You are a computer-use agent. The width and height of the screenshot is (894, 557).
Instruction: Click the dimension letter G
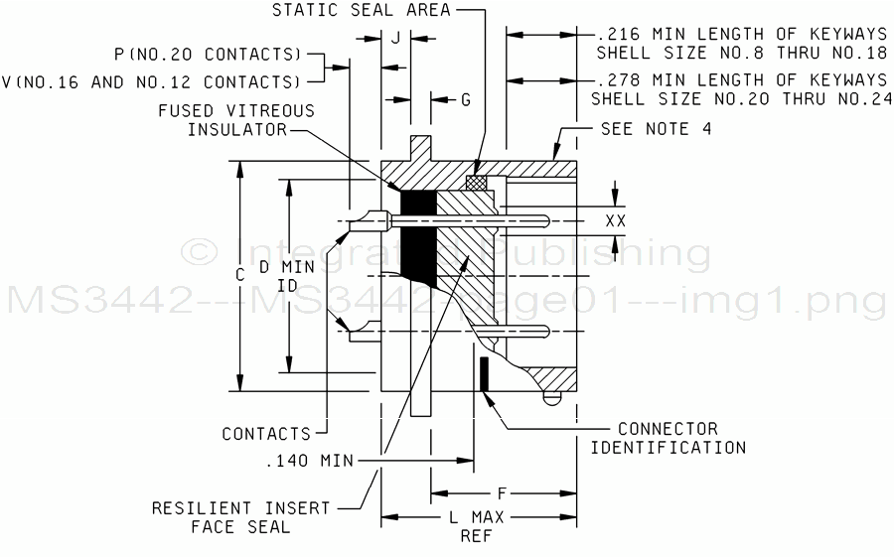(465, 99)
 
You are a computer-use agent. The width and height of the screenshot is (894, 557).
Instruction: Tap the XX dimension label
(616, 220)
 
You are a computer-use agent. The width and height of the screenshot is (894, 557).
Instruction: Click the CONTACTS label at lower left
(265, 434)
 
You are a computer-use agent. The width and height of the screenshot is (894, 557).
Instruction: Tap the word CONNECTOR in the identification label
(668, 429)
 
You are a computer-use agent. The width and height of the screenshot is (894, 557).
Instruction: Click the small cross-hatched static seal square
(477, 183)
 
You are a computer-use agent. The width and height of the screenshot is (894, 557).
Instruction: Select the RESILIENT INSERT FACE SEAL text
(240, 517)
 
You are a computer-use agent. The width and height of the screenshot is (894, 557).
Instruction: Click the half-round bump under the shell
(552, 398)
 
